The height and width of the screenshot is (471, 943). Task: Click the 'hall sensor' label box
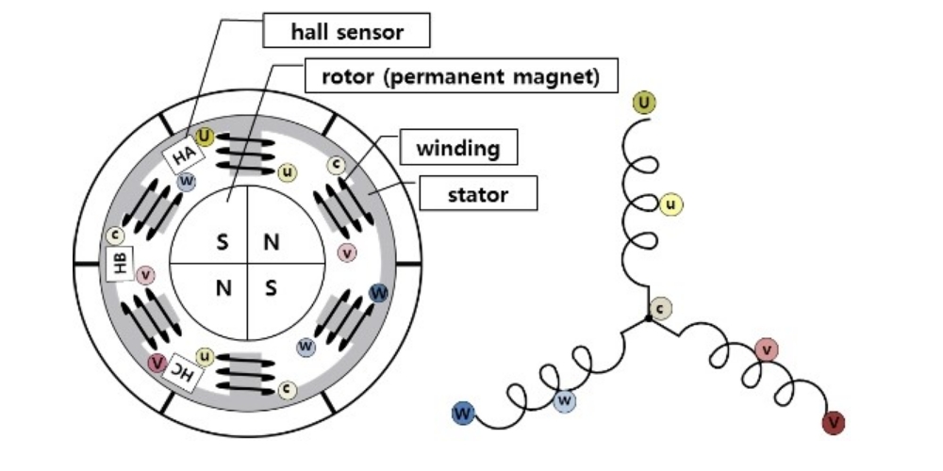tap(347, 33)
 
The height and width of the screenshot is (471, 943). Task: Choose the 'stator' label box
tap(478, 195)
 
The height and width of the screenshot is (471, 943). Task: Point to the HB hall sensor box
tap(121, 265)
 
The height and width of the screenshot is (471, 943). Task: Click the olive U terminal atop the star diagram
tap(644, 104)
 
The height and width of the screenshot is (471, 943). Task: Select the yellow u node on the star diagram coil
tap(670, 203)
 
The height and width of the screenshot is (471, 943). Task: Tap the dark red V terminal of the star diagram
tap(833, 423)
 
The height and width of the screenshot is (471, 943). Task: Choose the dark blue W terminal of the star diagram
tap(463, 413)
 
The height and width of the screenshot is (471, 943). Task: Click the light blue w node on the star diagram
tap(564, 400)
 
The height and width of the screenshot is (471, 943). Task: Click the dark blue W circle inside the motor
tap(379, 292)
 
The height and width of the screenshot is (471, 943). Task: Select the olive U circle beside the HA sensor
tap(205, 138)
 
